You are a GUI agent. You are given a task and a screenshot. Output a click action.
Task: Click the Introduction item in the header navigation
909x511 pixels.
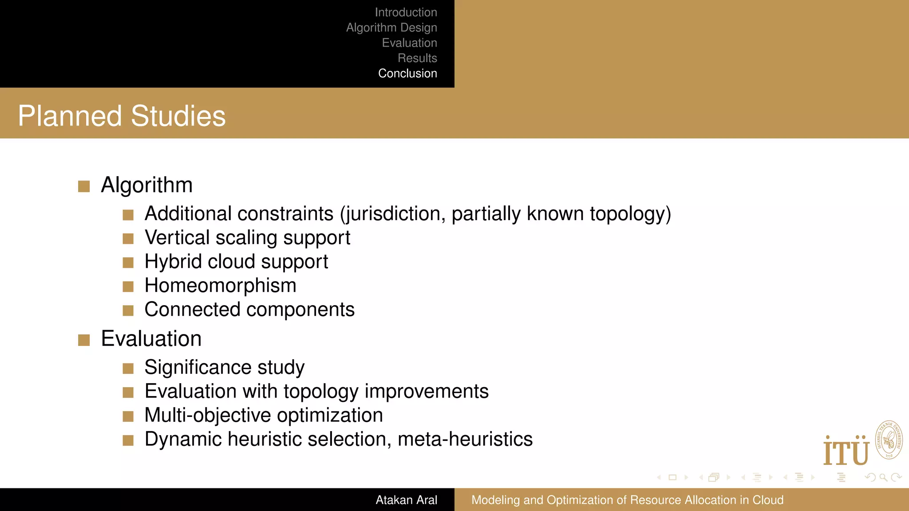coord(406,12)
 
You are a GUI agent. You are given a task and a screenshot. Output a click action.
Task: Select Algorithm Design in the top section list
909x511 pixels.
coord(391,28)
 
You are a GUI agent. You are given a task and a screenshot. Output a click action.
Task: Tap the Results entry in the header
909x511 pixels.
coord(417,58)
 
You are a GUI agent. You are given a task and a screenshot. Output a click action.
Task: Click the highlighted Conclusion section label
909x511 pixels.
coord(407,73)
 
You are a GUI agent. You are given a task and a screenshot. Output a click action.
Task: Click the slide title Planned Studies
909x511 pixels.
coord(122,116)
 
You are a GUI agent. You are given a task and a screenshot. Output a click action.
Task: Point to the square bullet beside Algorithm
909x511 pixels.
coord(84,186)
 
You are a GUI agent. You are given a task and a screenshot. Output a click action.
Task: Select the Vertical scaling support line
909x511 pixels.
coord(247,238)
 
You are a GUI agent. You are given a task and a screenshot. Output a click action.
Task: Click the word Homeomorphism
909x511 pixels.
coord(220,286)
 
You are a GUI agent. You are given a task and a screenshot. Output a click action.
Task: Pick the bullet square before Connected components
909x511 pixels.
coord(128,310)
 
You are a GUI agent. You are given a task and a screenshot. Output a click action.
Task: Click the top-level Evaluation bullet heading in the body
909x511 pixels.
coord(151,339)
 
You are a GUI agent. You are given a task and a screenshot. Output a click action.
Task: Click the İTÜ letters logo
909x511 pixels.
coord(846,452)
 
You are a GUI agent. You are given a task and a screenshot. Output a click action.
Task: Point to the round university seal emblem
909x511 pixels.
coord(889,440)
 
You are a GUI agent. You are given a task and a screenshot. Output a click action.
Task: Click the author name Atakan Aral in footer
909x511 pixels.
coord(406,500)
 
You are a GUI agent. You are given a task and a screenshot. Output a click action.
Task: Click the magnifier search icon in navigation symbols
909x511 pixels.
coord(883,477)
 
